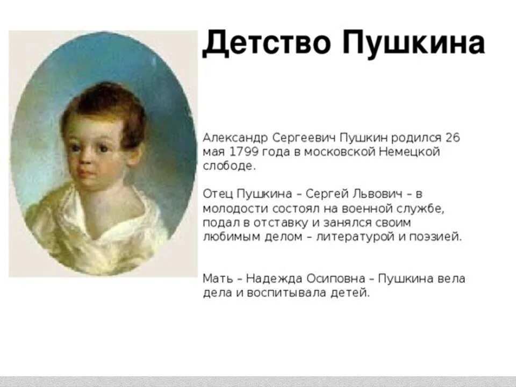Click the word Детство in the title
(x=266, y=44)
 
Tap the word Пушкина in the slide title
(x=413, y=44)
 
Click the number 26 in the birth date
(x=453, y=138)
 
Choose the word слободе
(x=228, y=166)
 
